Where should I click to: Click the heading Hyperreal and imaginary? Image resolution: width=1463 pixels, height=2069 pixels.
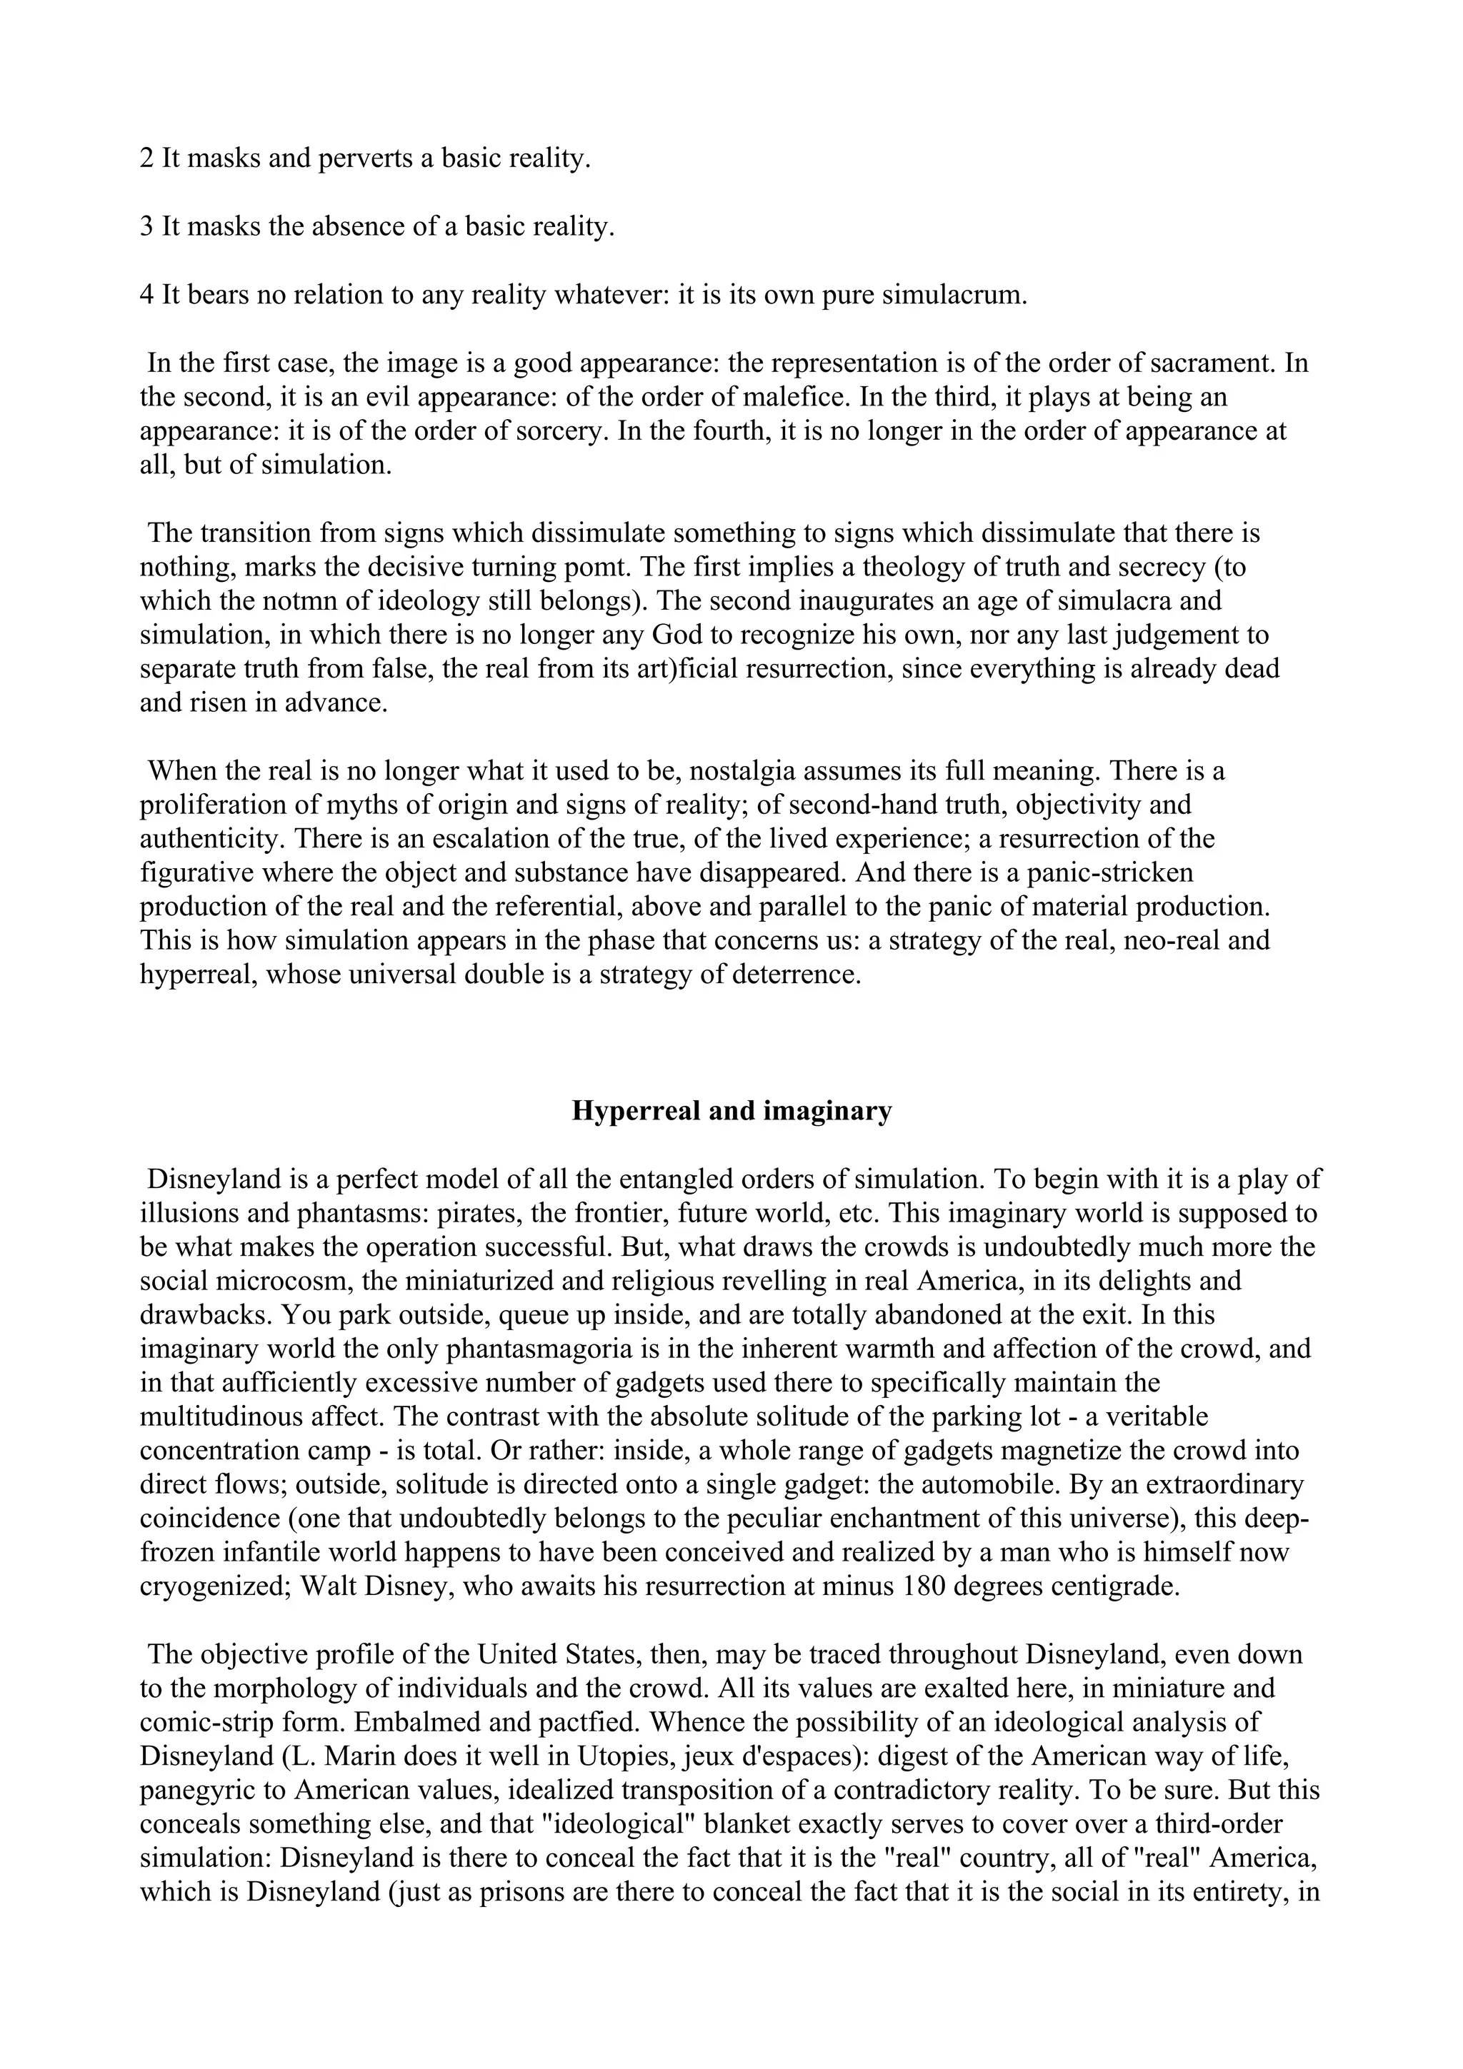[731, 1111]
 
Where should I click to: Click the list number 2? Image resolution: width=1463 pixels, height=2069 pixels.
[147, 158]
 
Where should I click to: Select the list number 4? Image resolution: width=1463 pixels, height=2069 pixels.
[147, 295]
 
